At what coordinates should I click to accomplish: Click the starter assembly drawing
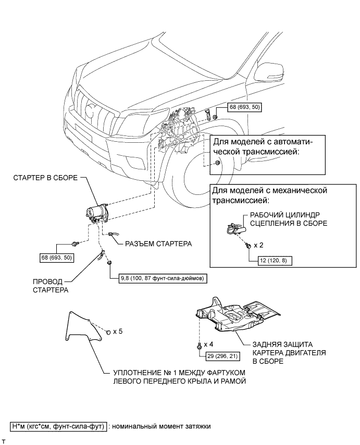click(97, 214)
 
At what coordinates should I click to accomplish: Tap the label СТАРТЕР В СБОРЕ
click(45, 178)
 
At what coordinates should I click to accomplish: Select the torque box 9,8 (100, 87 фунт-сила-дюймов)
click(163, 279)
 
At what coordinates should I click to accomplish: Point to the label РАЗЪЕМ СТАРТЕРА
click(158, 244)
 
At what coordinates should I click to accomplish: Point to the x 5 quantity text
click(118, 331)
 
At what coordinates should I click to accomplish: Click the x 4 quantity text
click(208, 344)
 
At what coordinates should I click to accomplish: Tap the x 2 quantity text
click(258, 245)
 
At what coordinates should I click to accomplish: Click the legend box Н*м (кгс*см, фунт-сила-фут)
click(58, 426)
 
